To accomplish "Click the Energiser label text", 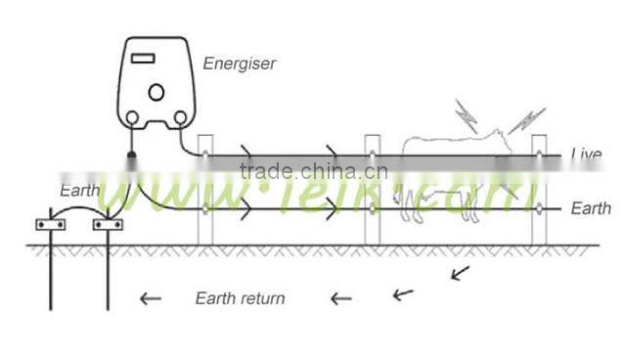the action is click(239, 64).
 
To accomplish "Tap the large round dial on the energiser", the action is click(156, 93).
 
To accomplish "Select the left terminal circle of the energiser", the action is click(131, 118).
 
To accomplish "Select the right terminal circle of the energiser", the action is click(179, 118).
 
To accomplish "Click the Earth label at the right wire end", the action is click(591, 208).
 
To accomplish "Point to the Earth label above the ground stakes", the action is click(79, 189).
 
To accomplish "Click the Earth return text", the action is click(240, 297).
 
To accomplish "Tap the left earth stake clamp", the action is click(49, 225).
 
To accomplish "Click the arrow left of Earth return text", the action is click(150, 297).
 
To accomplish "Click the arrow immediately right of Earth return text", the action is click(340, 297).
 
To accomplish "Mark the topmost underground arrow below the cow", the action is click(460, 272).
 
